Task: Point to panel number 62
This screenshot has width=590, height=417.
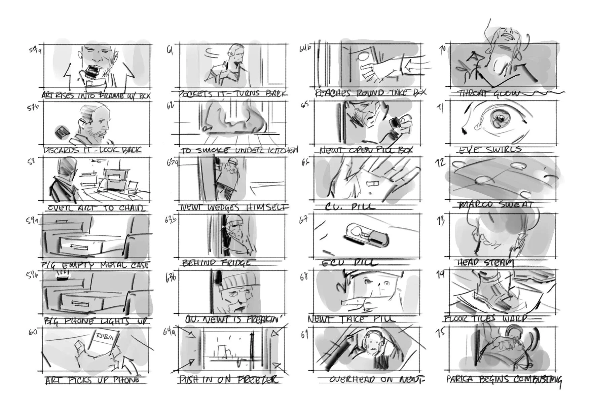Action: (171, 105)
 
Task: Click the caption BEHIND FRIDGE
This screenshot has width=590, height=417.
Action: (216, 263)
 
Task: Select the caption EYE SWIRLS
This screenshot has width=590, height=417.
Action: (490, 149)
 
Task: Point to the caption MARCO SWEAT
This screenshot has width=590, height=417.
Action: (495, 204)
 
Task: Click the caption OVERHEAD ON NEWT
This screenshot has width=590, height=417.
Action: (377, 380)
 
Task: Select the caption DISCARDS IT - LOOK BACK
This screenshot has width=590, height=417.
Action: (93, 150)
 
